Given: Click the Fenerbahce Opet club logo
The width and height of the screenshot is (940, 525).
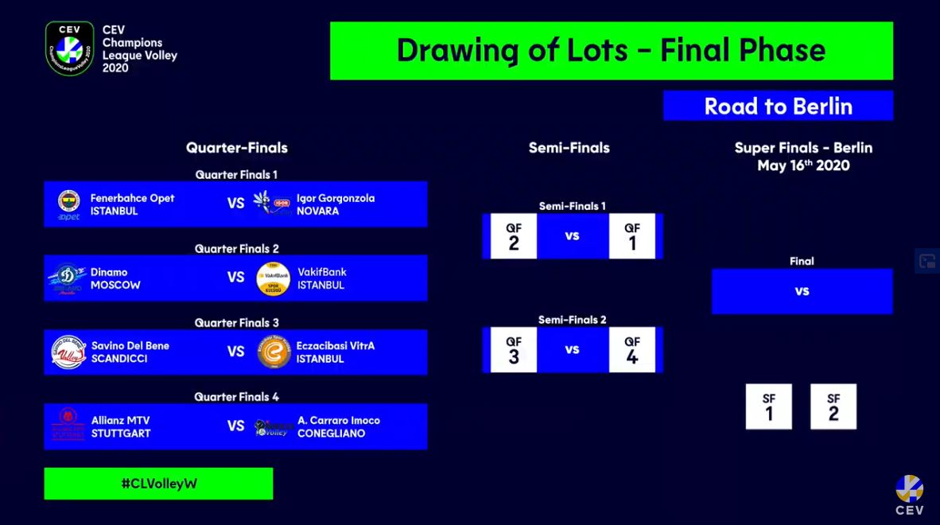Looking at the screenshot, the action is (x=69, y=204).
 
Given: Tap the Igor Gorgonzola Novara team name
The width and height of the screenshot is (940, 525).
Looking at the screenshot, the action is (x=336, y=204).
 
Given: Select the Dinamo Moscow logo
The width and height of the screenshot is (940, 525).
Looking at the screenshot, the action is (x=67, y=278).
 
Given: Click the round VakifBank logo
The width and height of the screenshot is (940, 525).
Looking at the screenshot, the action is (x=273, y=278).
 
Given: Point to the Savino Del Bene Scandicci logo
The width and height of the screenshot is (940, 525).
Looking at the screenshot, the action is (x=68, y=352).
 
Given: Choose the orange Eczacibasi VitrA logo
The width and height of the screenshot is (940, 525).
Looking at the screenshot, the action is (x=274, y=352).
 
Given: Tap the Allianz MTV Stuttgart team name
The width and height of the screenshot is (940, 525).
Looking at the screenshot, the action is (x=121, y=426).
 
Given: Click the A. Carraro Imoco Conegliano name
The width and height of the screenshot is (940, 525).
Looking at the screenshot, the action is (x=339, y=426).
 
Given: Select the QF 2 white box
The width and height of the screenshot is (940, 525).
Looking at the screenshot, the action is (x=514, y=236).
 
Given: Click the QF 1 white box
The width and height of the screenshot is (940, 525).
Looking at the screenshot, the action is (x=632, y=236).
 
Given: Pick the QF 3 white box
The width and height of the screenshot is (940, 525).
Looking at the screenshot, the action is (x=514, y=350).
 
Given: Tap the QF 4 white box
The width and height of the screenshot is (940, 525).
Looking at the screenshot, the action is (x=632, y=350).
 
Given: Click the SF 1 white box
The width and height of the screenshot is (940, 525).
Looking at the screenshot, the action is (x=768, y=406).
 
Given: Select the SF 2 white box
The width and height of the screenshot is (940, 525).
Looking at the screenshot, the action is (x=833, y=406).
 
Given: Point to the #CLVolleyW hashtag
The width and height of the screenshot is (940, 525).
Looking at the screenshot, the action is (x=159, y=484).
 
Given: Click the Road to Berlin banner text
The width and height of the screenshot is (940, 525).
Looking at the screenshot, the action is (x=778, y=106).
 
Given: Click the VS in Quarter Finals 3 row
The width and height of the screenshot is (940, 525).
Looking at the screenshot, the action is (x=235, y=352).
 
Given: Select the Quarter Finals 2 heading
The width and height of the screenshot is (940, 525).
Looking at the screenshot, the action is (x=237, y=249).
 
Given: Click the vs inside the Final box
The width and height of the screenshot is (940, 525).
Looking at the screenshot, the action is (x=802, y=291).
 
